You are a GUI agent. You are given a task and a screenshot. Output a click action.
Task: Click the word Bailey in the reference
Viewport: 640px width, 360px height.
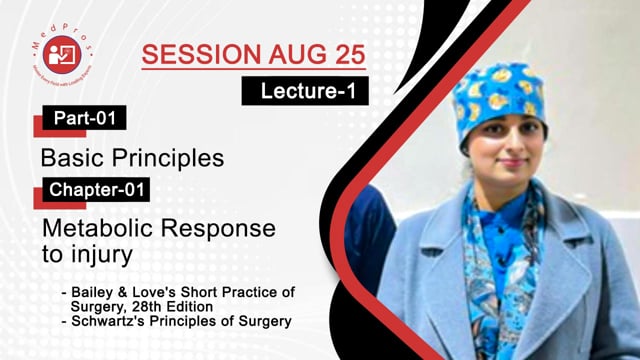[x=95, y=291]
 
